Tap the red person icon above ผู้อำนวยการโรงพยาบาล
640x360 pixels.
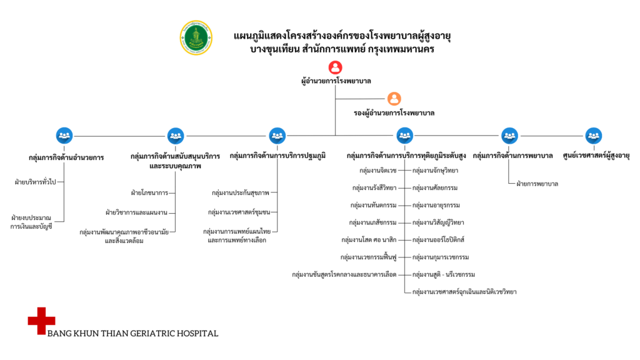(335, 67)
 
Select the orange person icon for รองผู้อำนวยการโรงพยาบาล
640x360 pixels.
(394, 99)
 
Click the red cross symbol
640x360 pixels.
(41, 321)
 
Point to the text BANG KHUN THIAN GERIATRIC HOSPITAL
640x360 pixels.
(133, 333)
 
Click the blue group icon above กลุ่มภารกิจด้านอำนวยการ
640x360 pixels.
(64, 135)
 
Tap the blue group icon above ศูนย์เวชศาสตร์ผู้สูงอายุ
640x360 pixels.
(594, 135)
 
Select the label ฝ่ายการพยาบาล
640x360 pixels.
(537, 184)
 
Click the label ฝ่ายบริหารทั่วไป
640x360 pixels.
(36, 182)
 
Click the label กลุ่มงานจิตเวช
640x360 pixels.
(378, 170)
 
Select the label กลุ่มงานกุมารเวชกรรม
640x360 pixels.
(441, 257)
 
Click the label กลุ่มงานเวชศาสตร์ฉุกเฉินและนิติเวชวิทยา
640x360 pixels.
(464, 291)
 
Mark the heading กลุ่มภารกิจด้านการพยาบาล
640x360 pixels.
(513, 155)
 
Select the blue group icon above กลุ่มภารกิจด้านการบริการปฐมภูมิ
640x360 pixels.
(277, 135)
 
